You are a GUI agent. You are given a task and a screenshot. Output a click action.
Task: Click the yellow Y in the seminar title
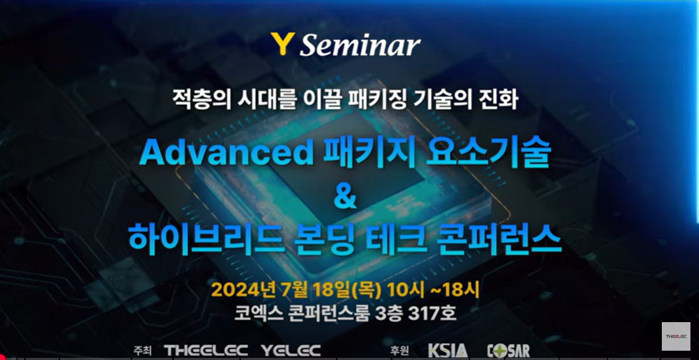(x=282, y=44)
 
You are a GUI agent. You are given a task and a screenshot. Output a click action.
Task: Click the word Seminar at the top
(x=360, y=45)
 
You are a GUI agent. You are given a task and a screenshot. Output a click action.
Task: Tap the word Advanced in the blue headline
(x=227, y=154)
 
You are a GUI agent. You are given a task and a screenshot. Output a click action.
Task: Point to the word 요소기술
(x=489, y=154)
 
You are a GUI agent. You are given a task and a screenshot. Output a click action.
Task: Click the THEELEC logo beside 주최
(x=206, y=350)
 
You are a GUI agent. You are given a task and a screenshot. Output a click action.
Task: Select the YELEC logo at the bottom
(x=291, y=350)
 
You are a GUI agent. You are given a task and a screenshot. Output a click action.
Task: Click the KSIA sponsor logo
(x=447, y=350)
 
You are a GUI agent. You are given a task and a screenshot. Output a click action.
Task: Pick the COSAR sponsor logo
(x=508, y=350)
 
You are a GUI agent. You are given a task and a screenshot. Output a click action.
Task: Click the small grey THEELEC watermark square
(x=676, y=336)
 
